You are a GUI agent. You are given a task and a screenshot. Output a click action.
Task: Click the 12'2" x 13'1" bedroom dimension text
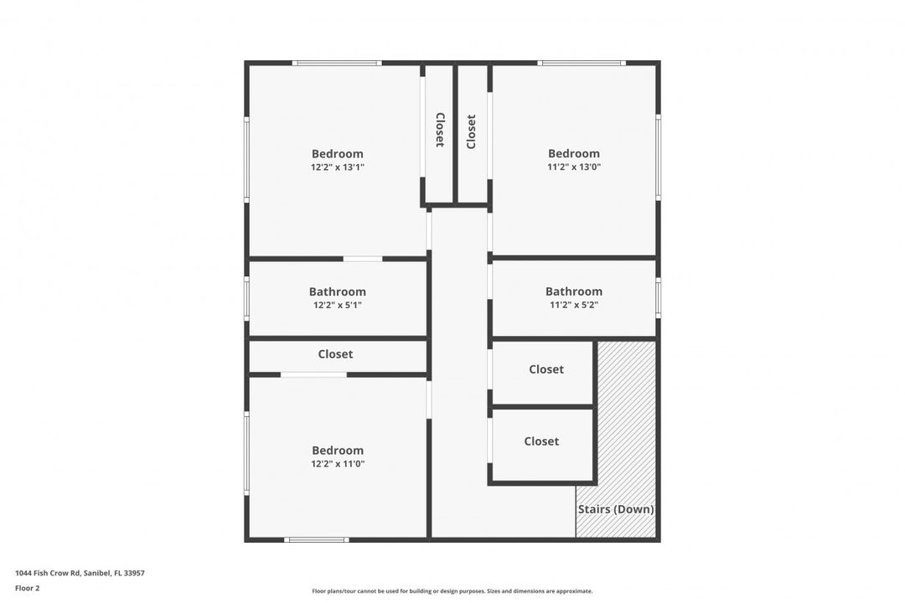click(x=338, y=167)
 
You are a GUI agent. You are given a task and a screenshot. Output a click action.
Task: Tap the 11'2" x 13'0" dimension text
click(x=574, y=167)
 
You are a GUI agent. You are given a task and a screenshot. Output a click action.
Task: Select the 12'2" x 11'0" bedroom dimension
click(x=338, y=464)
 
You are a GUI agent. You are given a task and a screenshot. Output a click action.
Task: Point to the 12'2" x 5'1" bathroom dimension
click(x=338, y=306)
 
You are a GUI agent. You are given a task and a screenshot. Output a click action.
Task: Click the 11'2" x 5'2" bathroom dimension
click(x=574, y=306)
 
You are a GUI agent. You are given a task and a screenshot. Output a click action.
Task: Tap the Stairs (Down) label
click(x=616, y=509)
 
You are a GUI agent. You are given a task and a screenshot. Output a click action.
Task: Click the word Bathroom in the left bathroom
click(x=338, y=291)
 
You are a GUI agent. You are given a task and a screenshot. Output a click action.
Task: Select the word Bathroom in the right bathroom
click(x=574, y=291)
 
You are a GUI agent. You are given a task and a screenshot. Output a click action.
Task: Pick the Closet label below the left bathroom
click(x=335, y=354)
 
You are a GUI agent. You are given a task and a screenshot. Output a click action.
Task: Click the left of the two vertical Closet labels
click(x=440, y=130)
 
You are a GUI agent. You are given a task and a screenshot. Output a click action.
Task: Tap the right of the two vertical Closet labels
click(x=471, y=131)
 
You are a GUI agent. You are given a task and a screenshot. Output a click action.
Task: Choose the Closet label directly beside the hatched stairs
click(x=546, y=369)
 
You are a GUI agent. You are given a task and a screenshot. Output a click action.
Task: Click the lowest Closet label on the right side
click(x=541, y=441)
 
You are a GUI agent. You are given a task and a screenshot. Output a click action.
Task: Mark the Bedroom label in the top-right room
click(x=574, y=153)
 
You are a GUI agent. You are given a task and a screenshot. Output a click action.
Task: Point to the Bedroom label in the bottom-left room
click(x=338, y=450)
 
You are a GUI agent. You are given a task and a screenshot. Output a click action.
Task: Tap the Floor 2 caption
click(x=28, y=588)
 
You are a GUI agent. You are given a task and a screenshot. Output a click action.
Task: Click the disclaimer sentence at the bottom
click(x=452, y=591)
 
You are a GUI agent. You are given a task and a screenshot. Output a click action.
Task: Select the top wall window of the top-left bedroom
click(x=337, y=63)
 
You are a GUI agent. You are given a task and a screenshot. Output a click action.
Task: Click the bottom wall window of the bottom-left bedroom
click(x=316, y=540)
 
